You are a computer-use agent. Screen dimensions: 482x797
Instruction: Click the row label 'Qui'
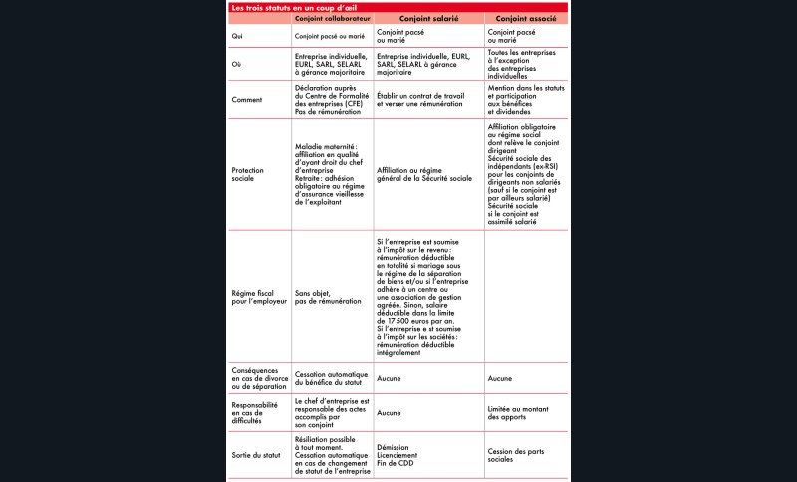pyautogui.click(x=237, y=36)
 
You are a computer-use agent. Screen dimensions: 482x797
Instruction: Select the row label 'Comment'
pyautogui.click(x=246, y=100)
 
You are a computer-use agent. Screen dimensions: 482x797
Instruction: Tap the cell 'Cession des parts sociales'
pyautogui.click(x=515, y=455)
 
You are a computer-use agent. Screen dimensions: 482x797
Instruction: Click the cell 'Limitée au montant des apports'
pyautogui.click(x=523, y=411)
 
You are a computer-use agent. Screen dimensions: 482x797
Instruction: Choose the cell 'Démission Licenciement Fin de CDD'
pyautogui.click(x=403, y=455)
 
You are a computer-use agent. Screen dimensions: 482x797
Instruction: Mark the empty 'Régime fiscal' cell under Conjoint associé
pyautogui.click(x=526, y=296)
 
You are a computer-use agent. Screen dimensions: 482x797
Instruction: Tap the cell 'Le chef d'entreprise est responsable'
pyautogui.click(x=333, y=411)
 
